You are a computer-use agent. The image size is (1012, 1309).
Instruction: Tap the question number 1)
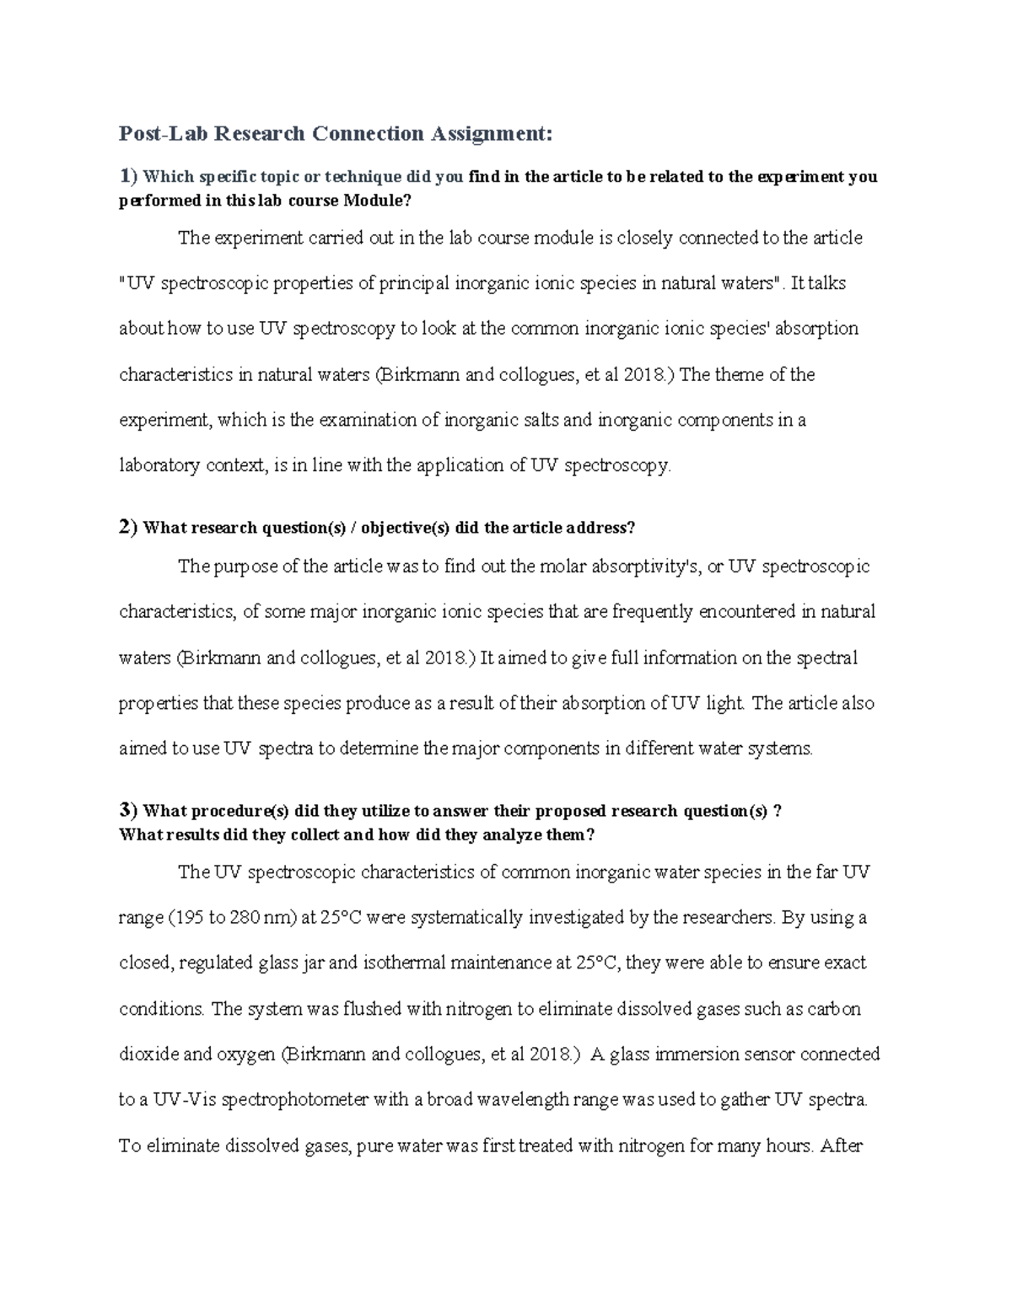click(127, 176)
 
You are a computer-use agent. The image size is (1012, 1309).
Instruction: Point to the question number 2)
click(127, 528)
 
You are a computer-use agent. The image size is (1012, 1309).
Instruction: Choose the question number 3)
click(127, 811)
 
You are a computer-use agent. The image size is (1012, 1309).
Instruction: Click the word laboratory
click(159, 465)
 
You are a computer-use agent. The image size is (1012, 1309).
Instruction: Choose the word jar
click(312, 963)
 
